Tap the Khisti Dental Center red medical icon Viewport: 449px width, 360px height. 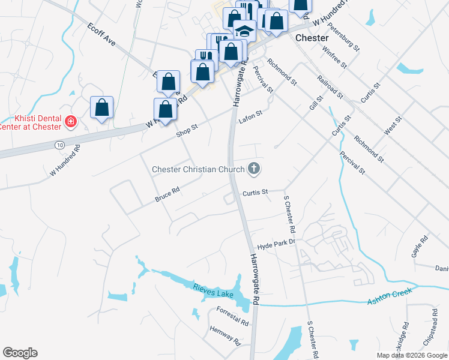pyautogui.click(x=71, y=122)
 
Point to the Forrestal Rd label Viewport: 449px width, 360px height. pyautogui.click(x=232, y=316)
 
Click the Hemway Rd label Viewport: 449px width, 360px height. pyautogui.click(x=225, y=336)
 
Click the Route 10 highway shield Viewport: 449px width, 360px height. pyautogui.click(x=59, y=146)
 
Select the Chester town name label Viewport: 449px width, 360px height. pyautogui.click(x=312, y=38)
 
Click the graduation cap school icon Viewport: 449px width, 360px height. pyautogui.click(x=244, y=30)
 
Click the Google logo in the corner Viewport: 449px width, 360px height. pyautogui.click(x=20, y=353)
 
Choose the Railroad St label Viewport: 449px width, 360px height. pyautogui.click(x=331, y=86)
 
